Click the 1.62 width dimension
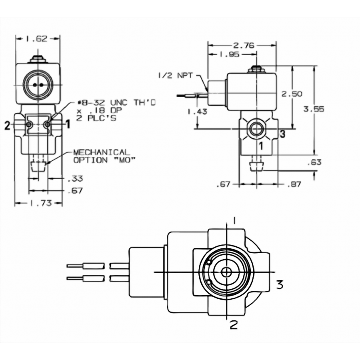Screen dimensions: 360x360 (37, 39)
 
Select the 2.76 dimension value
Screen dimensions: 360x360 (244, 46)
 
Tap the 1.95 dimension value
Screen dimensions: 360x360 (229, 54)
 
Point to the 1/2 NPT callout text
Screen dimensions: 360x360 (176, 76)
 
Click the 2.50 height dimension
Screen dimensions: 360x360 (292, 94)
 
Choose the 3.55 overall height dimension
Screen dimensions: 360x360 (314, 109)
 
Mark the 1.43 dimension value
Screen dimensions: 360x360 (197, 112)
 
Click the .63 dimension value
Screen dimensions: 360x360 (314, 162)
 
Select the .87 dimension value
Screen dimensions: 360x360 (294, 184)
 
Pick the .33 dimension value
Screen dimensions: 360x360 (75, 179)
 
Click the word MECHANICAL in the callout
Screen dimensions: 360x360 (102, 152)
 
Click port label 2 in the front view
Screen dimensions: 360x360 (8, 126)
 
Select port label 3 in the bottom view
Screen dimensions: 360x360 (280, 285)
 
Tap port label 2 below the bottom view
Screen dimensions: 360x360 (234, 325)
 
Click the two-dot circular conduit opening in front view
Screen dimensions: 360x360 (38, 85)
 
